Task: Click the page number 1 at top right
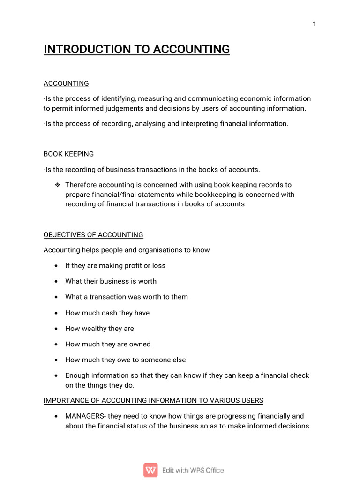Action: [x=315, y=24]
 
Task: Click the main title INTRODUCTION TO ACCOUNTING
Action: [x=136, y=49]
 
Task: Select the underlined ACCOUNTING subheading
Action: [x=66, y=83]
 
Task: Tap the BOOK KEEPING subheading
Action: [x=68, y=154]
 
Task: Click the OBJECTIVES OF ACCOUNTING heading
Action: [x=93, y=234]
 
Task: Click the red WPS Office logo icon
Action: [x=150, y=470]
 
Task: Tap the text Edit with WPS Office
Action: [x=193, y=470]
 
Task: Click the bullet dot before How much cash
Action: [x=56, y=313]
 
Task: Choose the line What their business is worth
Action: [x=111, y=281]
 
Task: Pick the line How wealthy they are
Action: [x=99, y=329]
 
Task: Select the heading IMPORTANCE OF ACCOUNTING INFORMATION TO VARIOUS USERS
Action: [x=153, y=400]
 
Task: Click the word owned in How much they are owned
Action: [x=139, y=344]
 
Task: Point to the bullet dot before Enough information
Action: [x=56, y=376]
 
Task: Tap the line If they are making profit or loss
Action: [x=115, y=265]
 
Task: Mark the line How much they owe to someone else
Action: [x=125, y=360]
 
